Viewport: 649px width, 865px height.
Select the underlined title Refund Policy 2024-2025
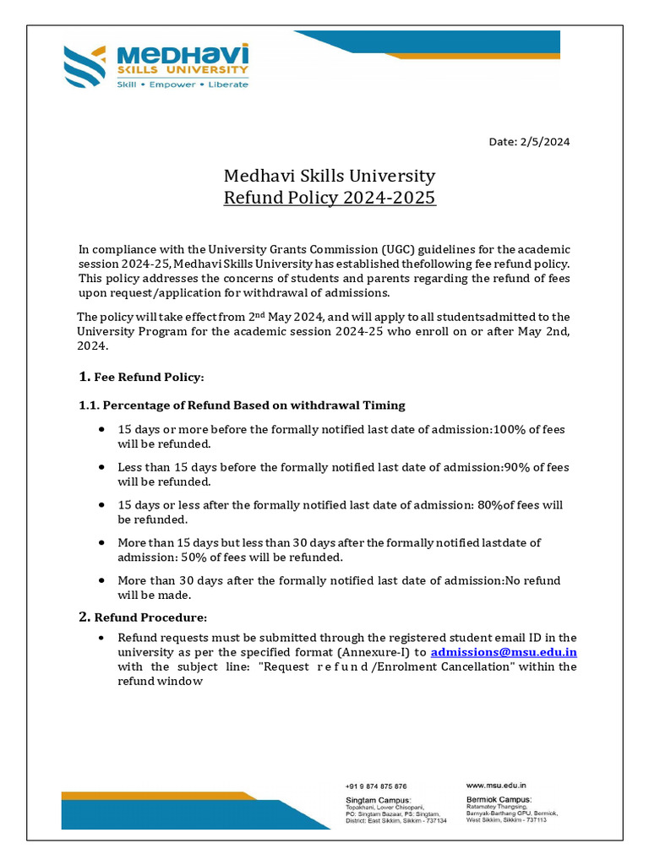pyautogui.click(x=329, y=199)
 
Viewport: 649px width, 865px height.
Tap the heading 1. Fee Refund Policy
pyautogui.click(x=141, y=376)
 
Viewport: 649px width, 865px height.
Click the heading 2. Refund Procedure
pyautogui.click(x=142, y=617)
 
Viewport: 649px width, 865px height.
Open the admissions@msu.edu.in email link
pyautogui.click(x=504, y=653)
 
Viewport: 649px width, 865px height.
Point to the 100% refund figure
pyautogui.click(x=508, y=430)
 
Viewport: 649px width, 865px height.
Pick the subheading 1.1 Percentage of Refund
pyautogui.click(x=242, y=405)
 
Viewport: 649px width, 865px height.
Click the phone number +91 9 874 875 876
pyautogui.click(x=376, y=786)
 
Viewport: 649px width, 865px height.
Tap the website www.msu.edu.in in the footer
pyautogui.click(x=496, y=786)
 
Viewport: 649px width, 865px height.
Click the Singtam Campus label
pyautogui.click(x=378, y=799)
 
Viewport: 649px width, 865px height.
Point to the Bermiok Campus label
pyautogui.click(x=499, y=799)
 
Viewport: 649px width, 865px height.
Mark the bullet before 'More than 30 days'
pyautogui.click(x=102, y=581)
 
